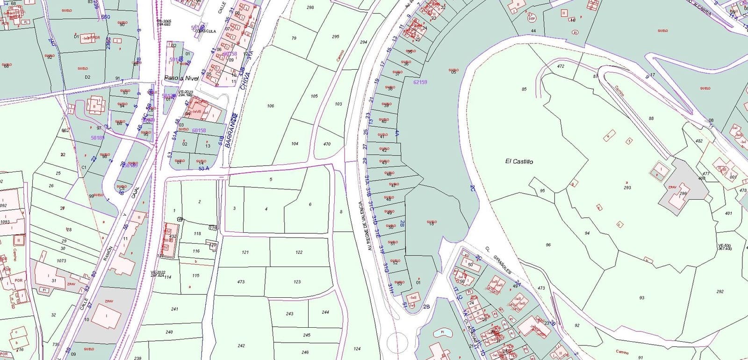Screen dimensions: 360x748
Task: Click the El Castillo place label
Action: [519, 161]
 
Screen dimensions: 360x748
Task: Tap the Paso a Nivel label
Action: [181, 78]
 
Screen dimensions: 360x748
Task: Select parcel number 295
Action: [335, 36]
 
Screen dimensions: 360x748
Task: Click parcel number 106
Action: [270, 106]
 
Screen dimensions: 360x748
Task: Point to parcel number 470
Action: [327, 144]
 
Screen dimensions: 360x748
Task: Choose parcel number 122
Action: [299, 252]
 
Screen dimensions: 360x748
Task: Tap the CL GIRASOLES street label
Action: [499, 261]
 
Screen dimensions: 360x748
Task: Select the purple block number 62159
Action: [420, 82]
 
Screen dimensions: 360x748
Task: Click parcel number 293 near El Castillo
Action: [627, 187]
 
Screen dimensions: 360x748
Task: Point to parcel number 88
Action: [651, 118]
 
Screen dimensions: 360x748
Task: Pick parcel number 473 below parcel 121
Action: [241, 282]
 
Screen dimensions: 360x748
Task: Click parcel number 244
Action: [325, 312]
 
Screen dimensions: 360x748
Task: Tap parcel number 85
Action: [524, 89]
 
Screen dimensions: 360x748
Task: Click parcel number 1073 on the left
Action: [61, 261]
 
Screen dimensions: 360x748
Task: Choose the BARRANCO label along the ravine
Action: [230, 132]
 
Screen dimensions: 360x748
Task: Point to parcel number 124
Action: [357, 349]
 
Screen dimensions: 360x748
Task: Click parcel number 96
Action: [548, 245]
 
